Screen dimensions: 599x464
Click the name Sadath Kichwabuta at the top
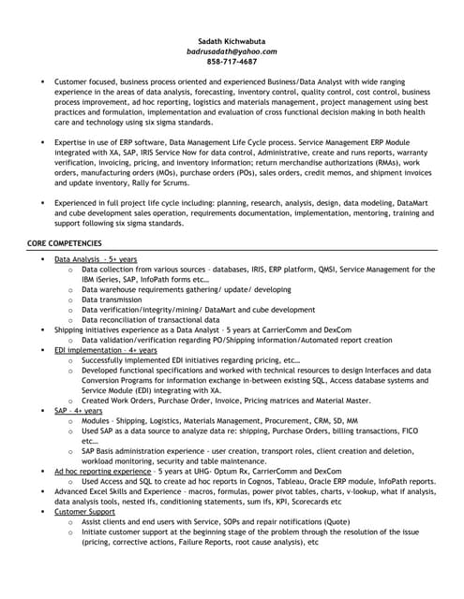(x=232, y=41)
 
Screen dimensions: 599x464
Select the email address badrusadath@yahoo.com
(x=232, y=51)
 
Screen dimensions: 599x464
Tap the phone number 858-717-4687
(x=232, y=62)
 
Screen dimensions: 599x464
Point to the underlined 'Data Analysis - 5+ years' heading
(x=96, y=258)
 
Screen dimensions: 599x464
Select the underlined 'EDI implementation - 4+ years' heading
(x=105, y=349)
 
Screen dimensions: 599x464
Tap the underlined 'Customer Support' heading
(x=84, y=512)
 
